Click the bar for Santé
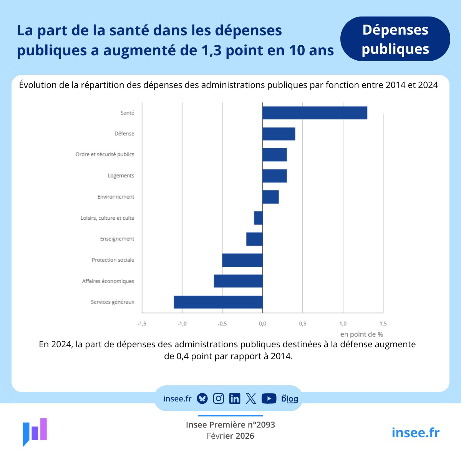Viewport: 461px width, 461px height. (315, 113)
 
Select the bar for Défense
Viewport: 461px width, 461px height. (279, 134)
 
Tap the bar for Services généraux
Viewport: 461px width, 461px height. (218, 302)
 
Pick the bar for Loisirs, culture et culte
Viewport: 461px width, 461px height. (258, 218)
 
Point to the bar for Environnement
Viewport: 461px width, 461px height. (270, 197)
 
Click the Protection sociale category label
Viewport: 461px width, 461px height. (113, 260)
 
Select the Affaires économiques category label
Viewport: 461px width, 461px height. (108, 281)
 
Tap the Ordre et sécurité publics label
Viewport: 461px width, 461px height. (105, 154)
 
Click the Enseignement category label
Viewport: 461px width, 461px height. (117, 239)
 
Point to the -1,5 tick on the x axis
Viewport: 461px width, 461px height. (142, 324)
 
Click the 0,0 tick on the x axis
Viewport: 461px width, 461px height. (262, 324)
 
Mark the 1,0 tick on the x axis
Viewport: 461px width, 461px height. (343, 324)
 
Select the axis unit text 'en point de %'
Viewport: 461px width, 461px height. (362, 334)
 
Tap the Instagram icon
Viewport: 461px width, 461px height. (218, 399)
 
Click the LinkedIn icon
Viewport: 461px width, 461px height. (234, 399)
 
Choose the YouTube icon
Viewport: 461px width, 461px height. (269, 399)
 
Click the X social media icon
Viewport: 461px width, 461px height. (251, 399)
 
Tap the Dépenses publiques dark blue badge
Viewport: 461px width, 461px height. (395, 39)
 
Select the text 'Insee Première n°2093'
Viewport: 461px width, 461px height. (230, 425)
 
